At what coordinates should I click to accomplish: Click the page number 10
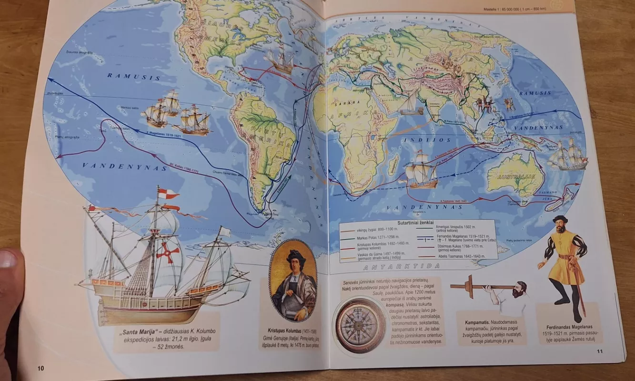coord(40,368)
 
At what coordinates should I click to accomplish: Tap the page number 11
coord(599,351)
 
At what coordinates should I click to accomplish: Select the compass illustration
coord(360,325)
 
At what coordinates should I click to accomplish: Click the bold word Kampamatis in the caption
coord(478,322)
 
